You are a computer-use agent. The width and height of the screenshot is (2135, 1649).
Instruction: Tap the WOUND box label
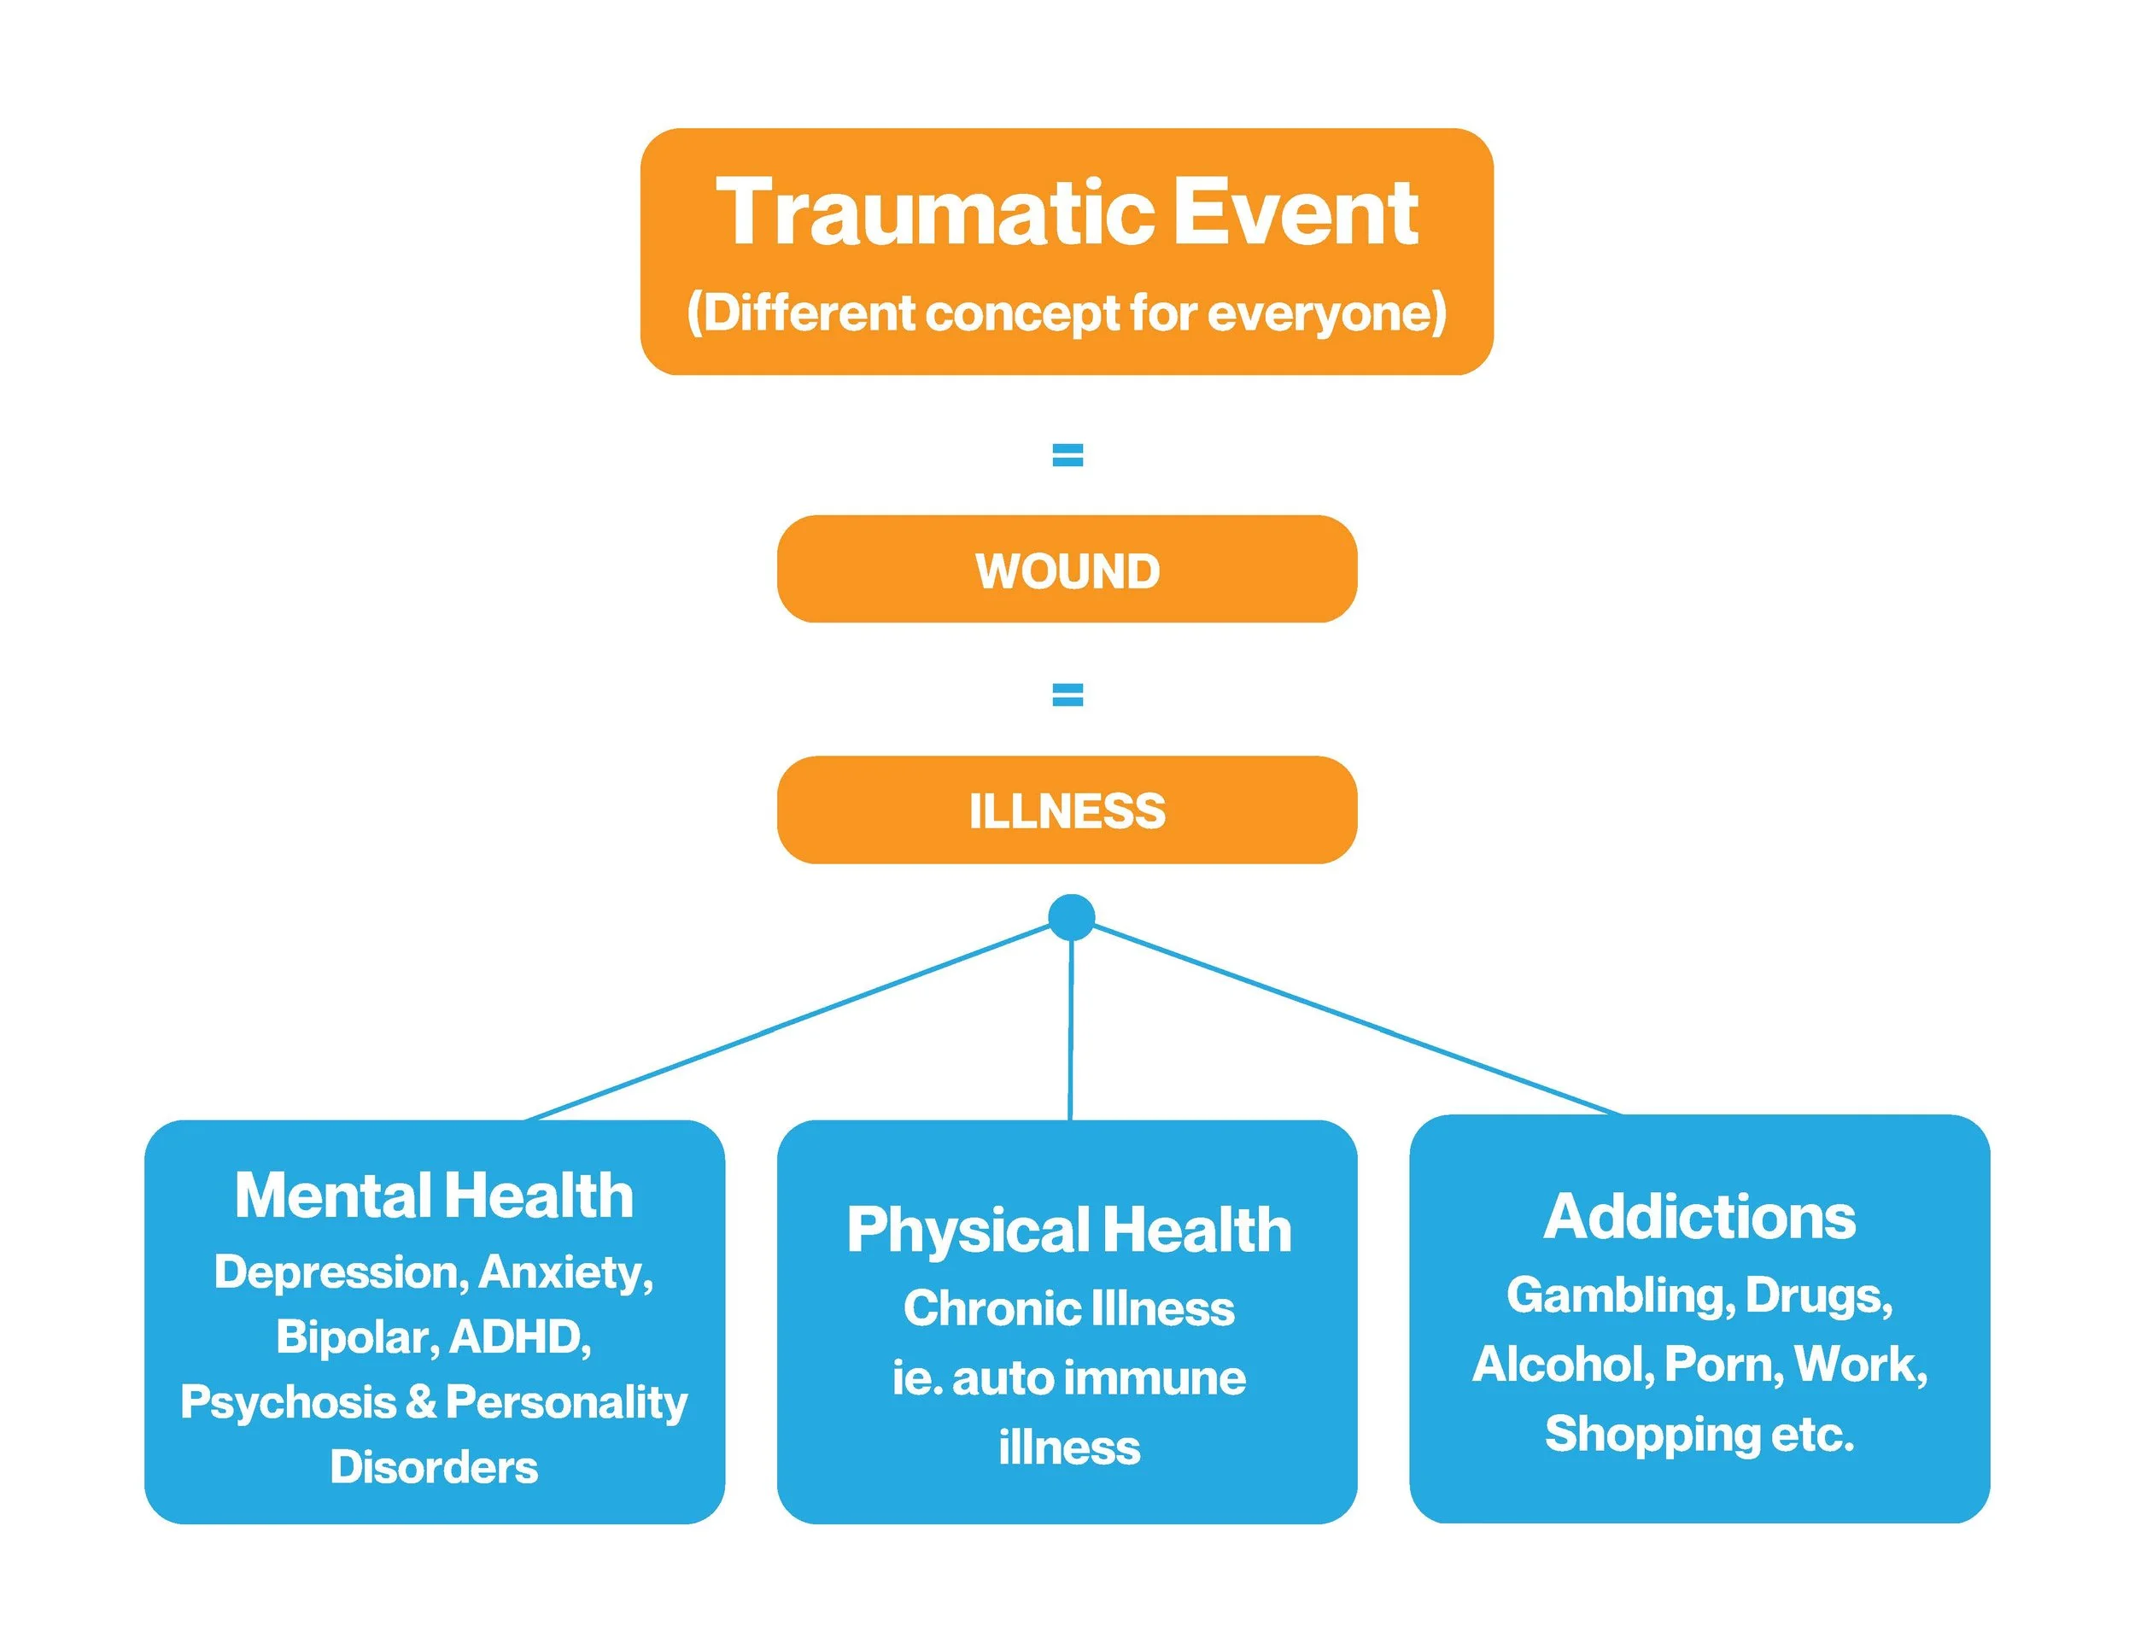(1067, 570)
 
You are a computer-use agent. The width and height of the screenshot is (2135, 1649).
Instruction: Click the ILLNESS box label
(1067, 811)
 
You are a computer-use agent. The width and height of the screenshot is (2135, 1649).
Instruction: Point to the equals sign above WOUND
(1067, 454)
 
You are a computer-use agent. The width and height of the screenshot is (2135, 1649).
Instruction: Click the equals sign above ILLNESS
(1067, 695)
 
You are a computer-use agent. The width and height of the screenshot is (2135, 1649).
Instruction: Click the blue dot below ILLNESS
(1072, 918)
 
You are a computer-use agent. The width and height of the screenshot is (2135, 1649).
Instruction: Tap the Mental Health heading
(434, 1196)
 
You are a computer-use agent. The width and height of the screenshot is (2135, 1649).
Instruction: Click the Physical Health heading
(1069, 1230)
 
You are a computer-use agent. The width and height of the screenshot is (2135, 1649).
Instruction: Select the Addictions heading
(1700, 1218)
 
